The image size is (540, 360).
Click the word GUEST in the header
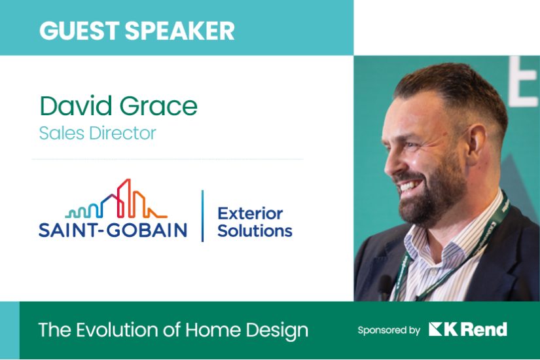click(x=79, y=30)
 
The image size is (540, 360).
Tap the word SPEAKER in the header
click(x=180, y=30)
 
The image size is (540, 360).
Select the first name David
click(x=76, y=105)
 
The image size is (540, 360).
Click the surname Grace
click(x=158, y=105)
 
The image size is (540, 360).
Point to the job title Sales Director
click(x=98, y=133)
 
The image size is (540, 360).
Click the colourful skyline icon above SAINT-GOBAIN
click(x=116, y=199)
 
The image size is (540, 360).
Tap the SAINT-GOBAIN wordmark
click(x=113, y=230)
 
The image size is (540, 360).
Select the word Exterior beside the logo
click(x=251, y=213)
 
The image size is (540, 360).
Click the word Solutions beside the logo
click(x=255, y=230)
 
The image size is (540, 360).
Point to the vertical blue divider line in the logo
click(x=202, y=215)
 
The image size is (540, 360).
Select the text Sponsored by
click(x=389, y=331)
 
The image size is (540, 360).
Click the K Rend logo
click(x=468, y=329)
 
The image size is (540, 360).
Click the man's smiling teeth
click(x=409, y=187)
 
